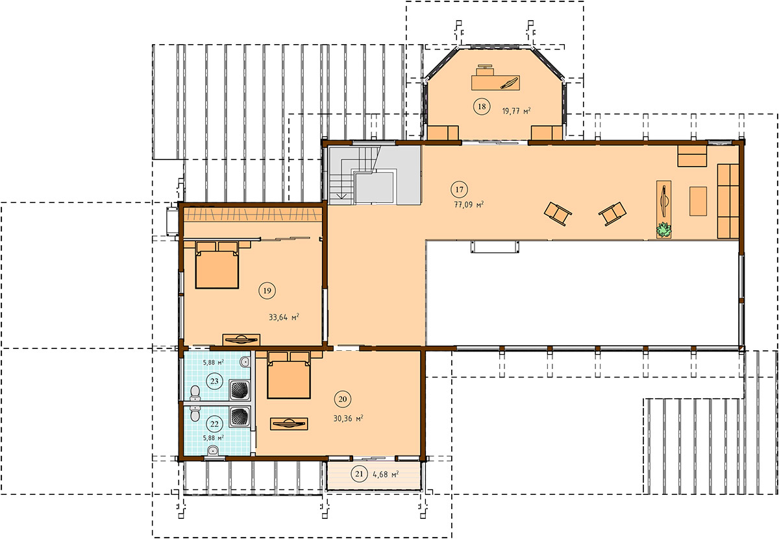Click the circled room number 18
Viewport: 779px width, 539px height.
tap(482, 106)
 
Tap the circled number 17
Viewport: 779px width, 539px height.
tap(459, 189)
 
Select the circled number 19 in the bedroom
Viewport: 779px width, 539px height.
tap(267, 291)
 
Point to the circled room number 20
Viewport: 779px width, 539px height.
tap(343, 399)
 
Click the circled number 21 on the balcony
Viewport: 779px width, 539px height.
tap(359, 473)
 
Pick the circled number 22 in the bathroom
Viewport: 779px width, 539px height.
tap(214, 424)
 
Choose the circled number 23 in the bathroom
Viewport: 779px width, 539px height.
tap(214, 381)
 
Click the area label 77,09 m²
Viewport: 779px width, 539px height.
tap(469, 204)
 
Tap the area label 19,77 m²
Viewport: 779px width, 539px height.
tap(516, 111)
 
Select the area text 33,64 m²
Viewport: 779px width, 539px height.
tap(284, 317)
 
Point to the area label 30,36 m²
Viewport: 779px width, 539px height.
tap(348, 418)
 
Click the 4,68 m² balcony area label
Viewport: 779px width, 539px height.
tap(386, 474)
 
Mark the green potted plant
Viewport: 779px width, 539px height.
tap(663, 230)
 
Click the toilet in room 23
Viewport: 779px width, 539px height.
tap(195, 392)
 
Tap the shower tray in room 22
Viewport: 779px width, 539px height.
tap(240, 417)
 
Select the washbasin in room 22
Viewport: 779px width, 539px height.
tap(212, 451)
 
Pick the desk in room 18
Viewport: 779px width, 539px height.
tap(495, 83)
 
